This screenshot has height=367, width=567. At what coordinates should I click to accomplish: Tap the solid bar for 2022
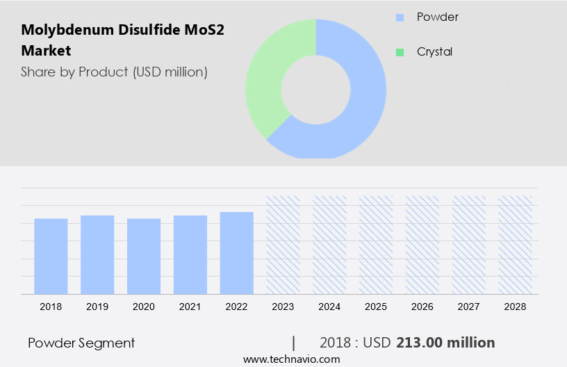click(237, 253)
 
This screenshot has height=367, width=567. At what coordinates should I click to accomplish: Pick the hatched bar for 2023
click(283, 245)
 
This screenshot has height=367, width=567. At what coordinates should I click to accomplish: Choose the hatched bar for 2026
click(422, 245)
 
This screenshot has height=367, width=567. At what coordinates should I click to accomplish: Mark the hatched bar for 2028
click(516, 245)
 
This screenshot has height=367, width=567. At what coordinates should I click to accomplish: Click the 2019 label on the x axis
click(97, 306)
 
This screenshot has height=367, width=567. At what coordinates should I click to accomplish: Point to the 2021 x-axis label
click(190, 306)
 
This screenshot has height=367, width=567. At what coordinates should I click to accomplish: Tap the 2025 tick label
click(376, 306)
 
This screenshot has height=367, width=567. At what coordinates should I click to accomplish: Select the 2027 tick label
click(469, 306)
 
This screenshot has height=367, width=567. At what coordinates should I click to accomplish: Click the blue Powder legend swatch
click(400, 17)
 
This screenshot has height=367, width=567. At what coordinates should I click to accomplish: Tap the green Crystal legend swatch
click(400, 52)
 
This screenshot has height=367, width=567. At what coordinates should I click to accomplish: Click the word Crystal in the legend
click(434, 52)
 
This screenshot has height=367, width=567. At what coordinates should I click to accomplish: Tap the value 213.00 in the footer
click(420, 343)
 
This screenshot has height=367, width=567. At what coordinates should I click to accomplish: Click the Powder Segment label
click(81, 343)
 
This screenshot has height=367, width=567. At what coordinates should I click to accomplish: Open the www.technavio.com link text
click(291, 359)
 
